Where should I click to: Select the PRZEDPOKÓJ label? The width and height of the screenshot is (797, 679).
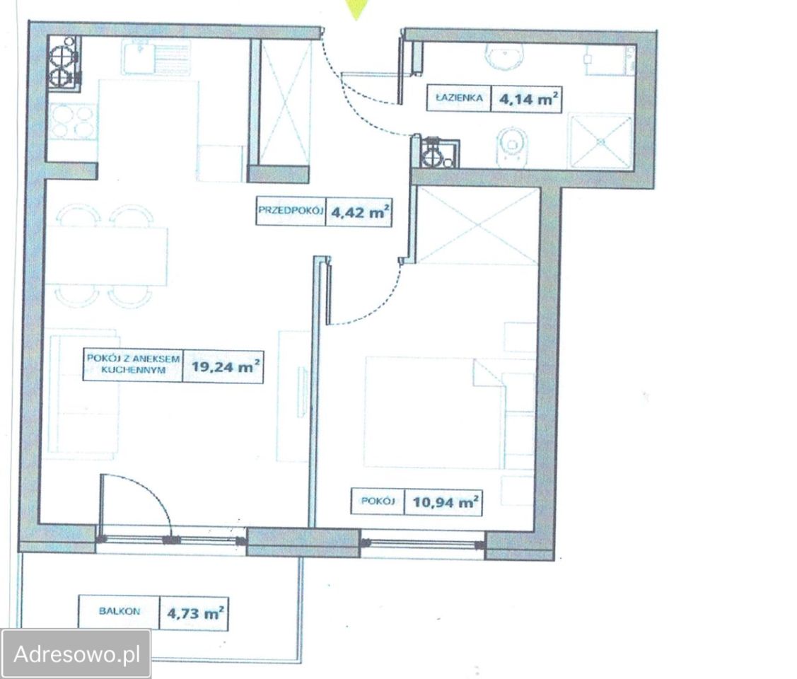click(x=291, y=210)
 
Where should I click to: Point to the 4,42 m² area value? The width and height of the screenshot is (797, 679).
click(x=361, y=211)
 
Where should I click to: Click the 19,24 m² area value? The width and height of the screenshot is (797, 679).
click(x=226, y=366)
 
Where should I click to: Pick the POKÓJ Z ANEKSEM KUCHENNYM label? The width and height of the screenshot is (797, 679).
click(x=133, y=364)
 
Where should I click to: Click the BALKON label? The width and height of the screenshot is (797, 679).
click(x=120, y=611)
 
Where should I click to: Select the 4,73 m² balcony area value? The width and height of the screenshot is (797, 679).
click(x=195, y=613)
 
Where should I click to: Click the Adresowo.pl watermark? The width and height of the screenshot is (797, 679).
click(x=77, y=654)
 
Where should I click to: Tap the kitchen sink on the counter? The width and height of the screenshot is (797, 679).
click(x=156, y=57)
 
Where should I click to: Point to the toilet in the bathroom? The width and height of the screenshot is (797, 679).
click(x=512, y=147)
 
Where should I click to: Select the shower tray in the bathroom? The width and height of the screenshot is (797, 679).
click(x=601, y=141)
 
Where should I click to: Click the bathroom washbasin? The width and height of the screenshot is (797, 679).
click(x=504, y=56)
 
